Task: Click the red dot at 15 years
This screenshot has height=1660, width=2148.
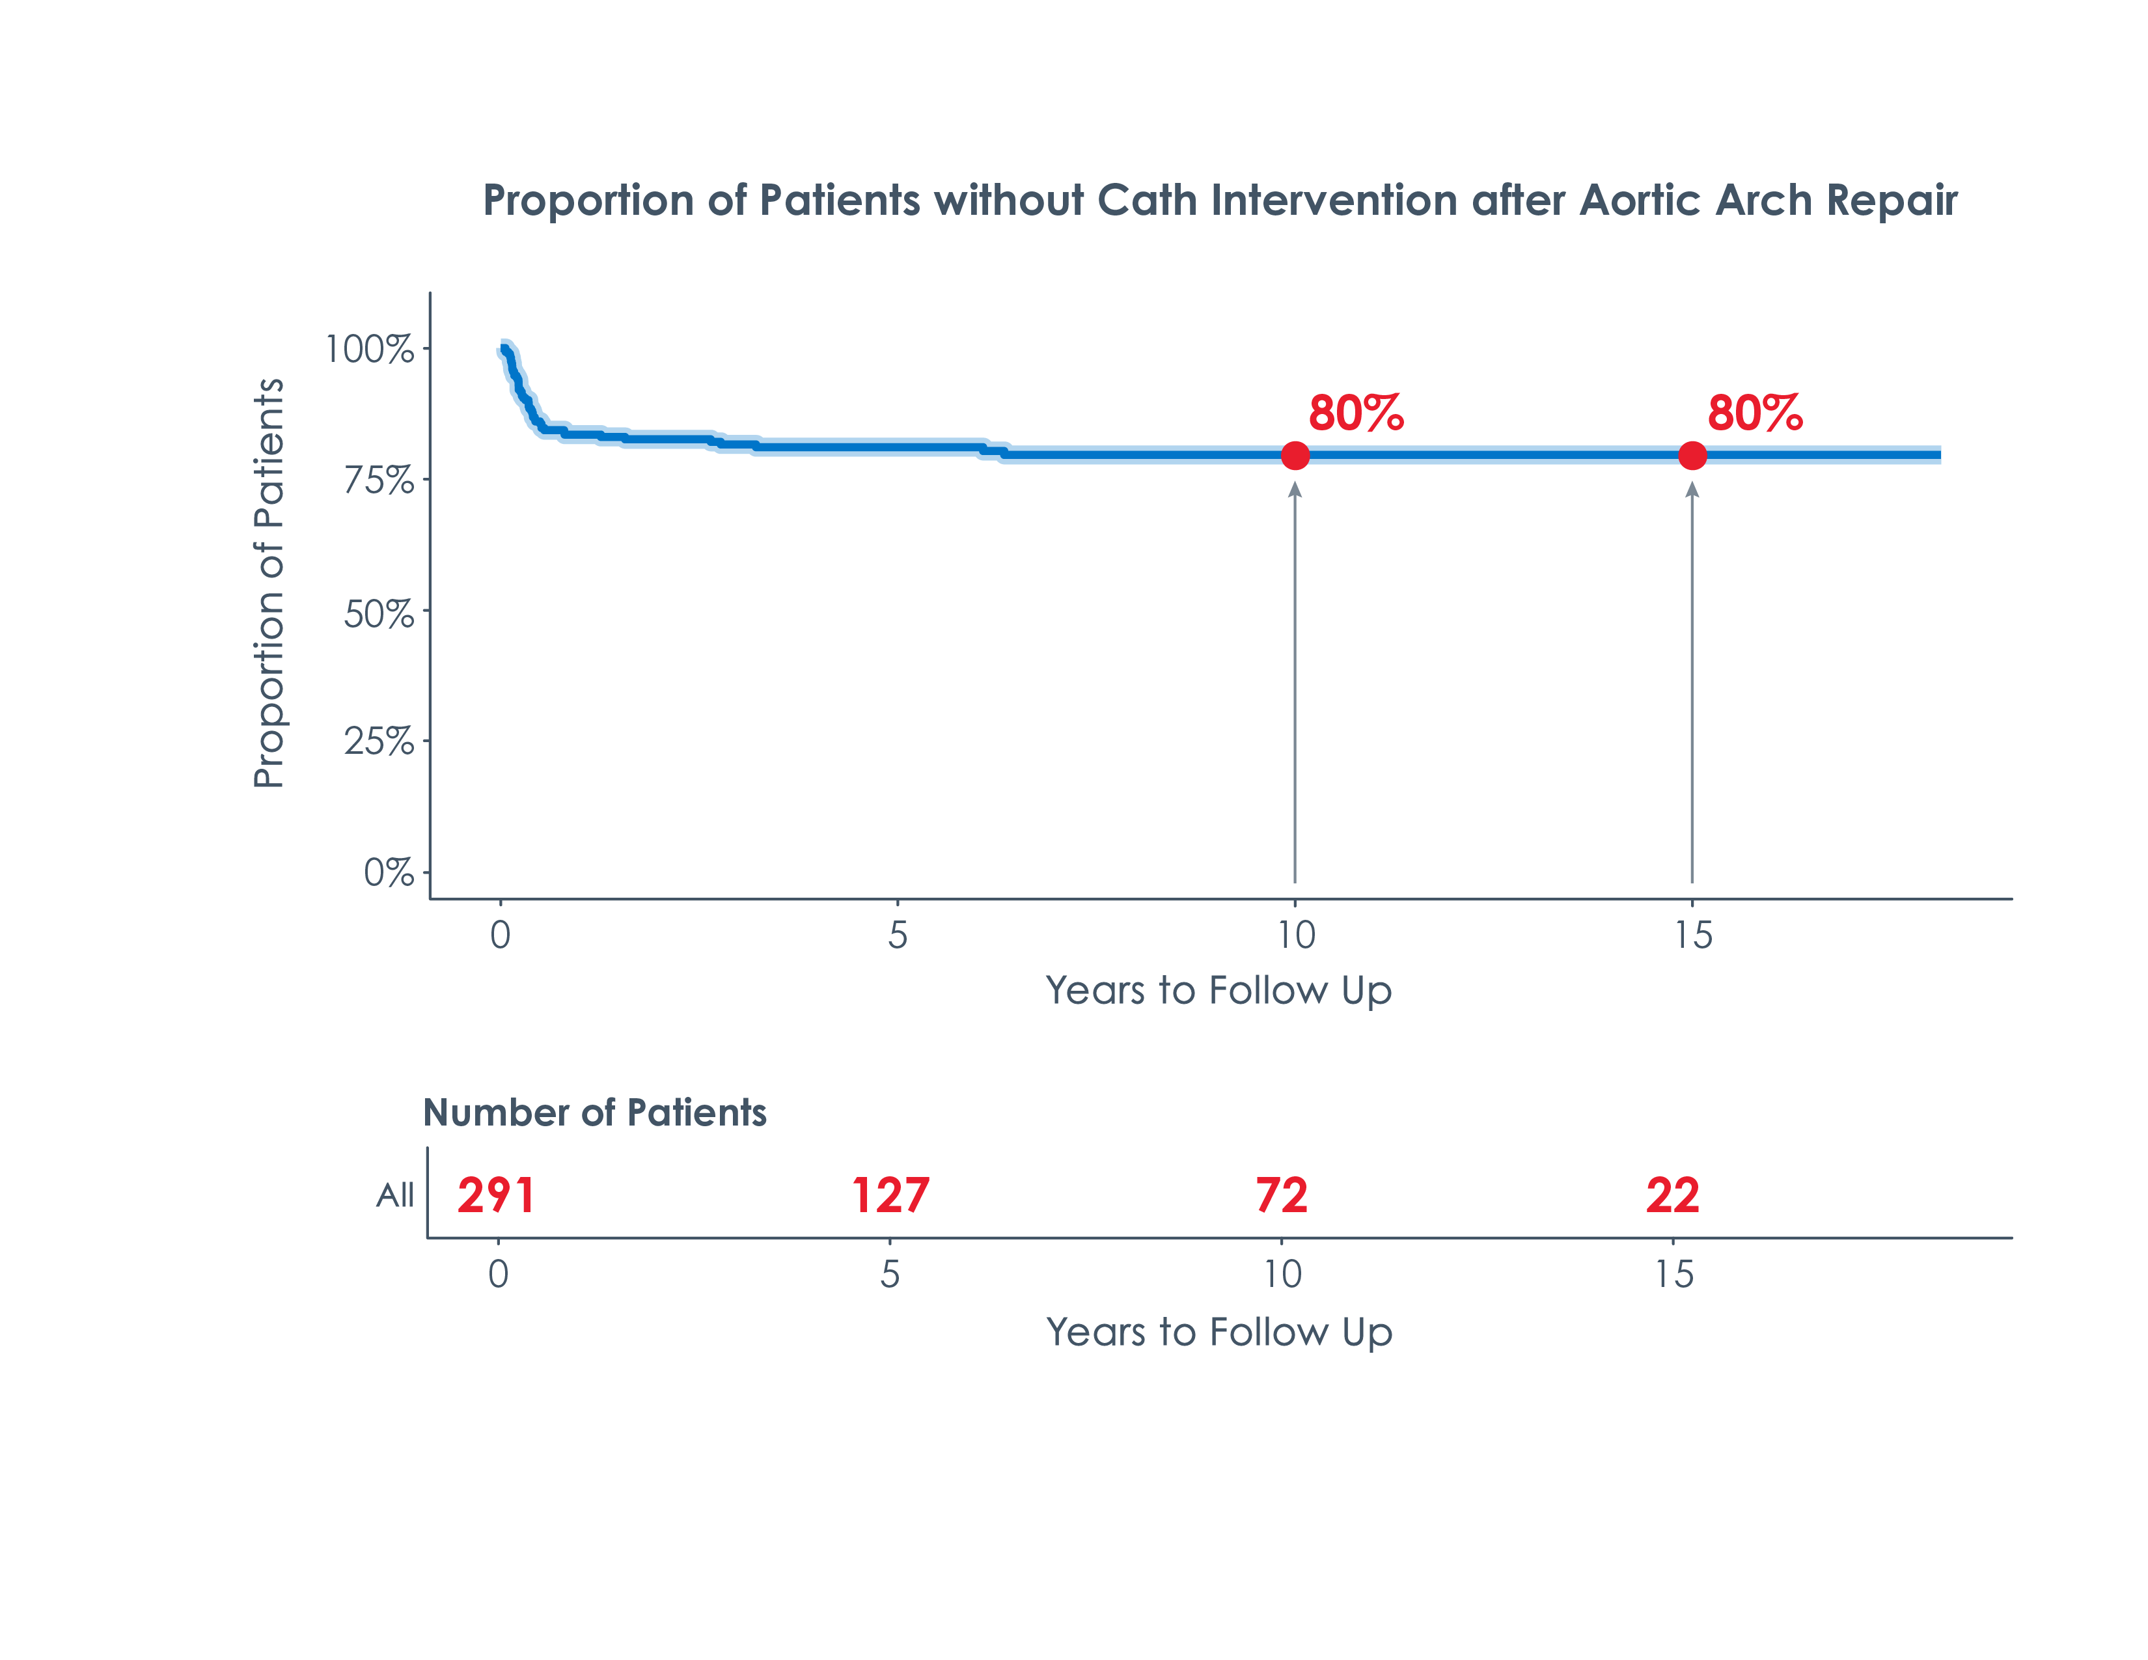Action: click(x=1692, y=455)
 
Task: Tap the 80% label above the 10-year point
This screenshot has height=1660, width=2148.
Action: click(x=1355, y=413)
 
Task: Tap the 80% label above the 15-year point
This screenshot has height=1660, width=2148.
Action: click(x=1755, y=413)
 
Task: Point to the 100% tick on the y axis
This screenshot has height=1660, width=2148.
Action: click(x=370, y=349)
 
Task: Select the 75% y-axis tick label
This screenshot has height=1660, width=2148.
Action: click(x=379, y=481)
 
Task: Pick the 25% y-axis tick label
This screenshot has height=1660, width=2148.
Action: click(x=379, y=741)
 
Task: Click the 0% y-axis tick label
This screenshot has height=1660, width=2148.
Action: click(x=389, y=872)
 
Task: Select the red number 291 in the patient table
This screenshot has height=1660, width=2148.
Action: click(x=496, y=1195)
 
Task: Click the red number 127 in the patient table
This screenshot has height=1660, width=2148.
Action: click(x=890, y=1195)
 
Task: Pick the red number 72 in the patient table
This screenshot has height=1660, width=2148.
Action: click(x=1282, y=1195)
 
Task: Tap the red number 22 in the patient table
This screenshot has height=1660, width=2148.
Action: click(x=1672, y=1195)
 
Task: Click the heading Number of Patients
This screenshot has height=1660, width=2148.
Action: click(x=594, y=1113)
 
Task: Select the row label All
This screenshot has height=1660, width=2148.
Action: click(x=395, y=1195)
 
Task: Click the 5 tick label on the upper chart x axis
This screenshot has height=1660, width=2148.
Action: click(x=897, y=934)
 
